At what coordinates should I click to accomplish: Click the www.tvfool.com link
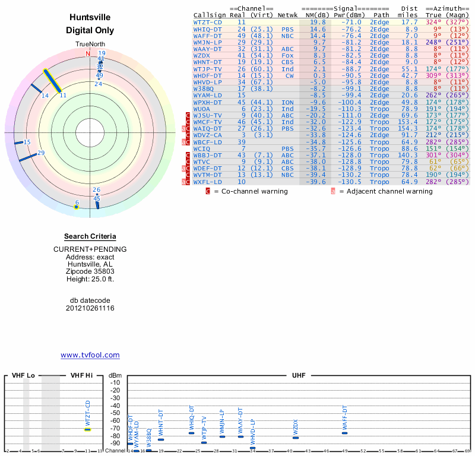coord(90,355)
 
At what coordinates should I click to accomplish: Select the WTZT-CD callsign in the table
coord(207,22)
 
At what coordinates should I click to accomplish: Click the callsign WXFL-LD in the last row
coord(207,182)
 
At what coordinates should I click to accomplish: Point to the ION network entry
coord(287,102)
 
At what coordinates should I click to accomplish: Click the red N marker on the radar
coord(88,54)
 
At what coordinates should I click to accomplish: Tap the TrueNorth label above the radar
coord(90,45)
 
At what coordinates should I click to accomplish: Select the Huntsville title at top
coord(90,18)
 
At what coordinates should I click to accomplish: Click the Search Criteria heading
coord(90,236)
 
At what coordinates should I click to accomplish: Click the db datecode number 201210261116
coord(90,308)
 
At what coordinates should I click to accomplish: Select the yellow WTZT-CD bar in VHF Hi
coord(87,429)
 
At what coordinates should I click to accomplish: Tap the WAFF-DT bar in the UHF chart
coord(344,433)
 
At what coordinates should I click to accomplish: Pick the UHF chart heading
coord(298,376)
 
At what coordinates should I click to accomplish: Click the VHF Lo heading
coord(23,376)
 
